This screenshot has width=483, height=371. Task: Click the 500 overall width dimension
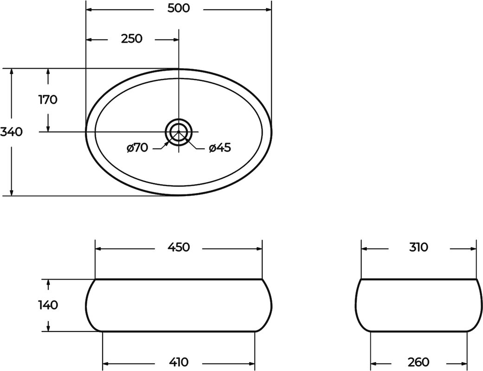point(179,8)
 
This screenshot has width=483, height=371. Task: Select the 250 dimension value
point(131,39)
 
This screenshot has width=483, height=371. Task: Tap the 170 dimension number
point(48,99)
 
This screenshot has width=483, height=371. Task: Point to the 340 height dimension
point(12,132)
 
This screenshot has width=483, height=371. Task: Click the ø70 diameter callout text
point(137,148)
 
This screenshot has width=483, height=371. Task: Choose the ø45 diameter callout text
point(220,148)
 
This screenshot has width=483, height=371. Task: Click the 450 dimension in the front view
point(179,247)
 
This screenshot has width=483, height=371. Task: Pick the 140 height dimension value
point(48,305)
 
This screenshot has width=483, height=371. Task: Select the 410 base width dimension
point(179,362)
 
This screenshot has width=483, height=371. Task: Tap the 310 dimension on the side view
point(419,247)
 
